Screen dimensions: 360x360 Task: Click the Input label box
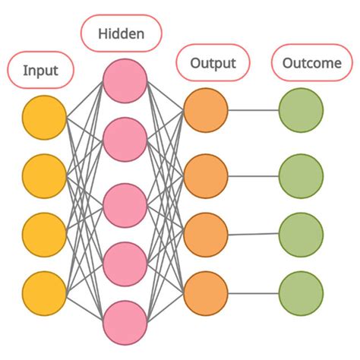[x=40, y=71]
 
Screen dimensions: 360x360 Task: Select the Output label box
[x=212, y=63]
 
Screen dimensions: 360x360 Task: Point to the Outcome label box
[x=311, y=63]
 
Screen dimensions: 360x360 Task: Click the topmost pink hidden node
[x=125, y=81]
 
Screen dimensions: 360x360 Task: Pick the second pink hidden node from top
[x=125, y=139]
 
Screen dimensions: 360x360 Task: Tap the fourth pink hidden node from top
[x=125, y=263]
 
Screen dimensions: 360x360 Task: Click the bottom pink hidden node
[x=125, y=321]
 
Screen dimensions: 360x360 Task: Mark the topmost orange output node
[x=206, y=110]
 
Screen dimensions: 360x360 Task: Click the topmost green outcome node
[x=301, y=110]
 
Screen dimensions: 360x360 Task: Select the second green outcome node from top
[x=301, y=176]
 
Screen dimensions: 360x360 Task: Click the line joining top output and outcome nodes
[x=253, y=110]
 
